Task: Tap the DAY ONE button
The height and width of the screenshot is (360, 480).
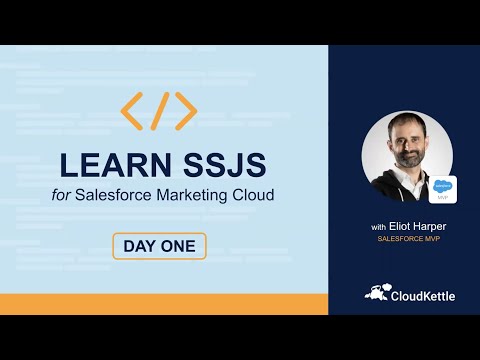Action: [x=159, y=246]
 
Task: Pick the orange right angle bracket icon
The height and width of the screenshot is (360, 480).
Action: [x=186, y=111]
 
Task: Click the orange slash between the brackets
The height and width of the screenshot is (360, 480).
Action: [x=159, y=111]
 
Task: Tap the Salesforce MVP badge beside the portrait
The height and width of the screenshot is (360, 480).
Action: [x=444, y=188]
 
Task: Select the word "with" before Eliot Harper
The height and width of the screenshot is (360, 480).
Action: [x=378, y=227]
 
